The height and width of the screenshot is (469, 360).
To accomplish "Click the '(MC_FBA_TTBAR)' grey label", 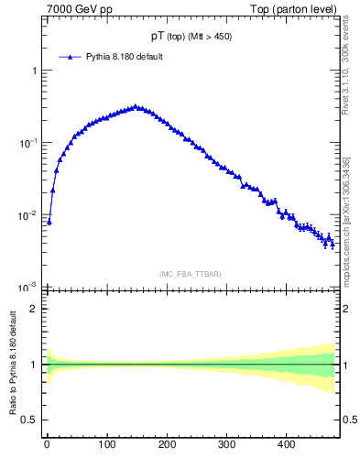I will coord(190,274).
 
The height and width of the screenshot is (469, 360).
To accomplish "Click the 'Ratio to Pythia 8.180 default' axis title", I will coord(13,365).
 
